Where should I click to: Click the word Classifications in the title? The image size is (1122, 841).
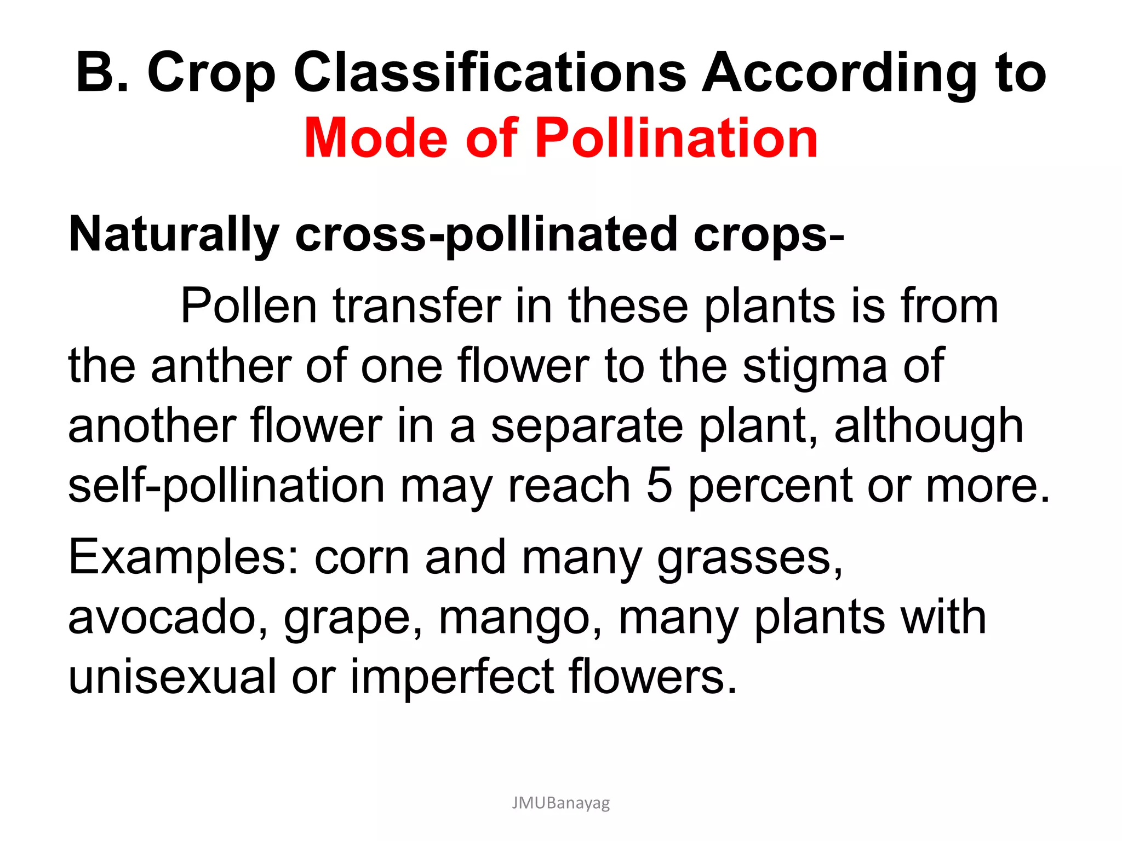click(x=489, y=73)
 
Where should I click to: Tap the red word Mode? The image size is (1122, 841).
click(x=376, y=138)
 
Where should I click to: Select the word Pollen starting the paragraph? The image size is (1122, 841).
click(x=249, y=306)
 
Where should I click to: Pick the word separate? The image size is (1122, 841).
click(x=587, y=427)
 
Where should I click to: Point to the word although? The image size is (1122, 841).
click(x=929, y=427)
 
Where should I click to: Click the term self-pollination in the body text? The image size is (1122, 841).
click(x=226, y=486)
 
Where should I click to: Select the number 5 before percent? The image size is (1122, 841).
click(x=659, y=485)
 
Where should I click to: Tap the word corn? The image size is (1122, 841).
click(x=362, y=557)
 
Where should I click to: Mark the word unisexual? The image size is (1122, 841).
click(x=172, y=677)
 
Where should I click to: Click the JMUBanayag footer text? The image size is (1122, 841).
click(x=560, y=803)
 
